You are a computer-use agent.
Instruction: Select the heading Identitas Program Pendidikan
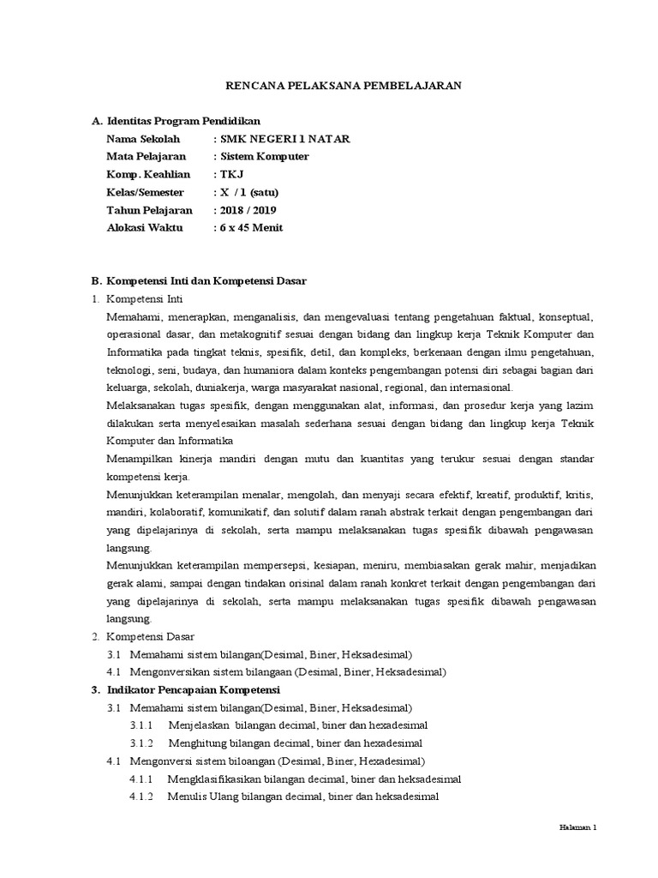[x=182, y=121]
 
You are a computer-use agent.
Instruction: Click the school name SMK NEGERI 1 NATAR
[x=284, y=139]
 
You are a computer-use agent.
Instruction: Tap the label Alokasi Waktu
[x=141, y=228]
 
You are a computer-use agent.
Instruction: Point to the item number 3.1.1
[x=141, y=725]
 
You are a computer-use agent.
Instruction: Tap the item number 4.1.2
[x=141, y=797]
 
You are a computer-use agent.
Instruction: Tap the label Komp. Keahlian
[x=142, y=175]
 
